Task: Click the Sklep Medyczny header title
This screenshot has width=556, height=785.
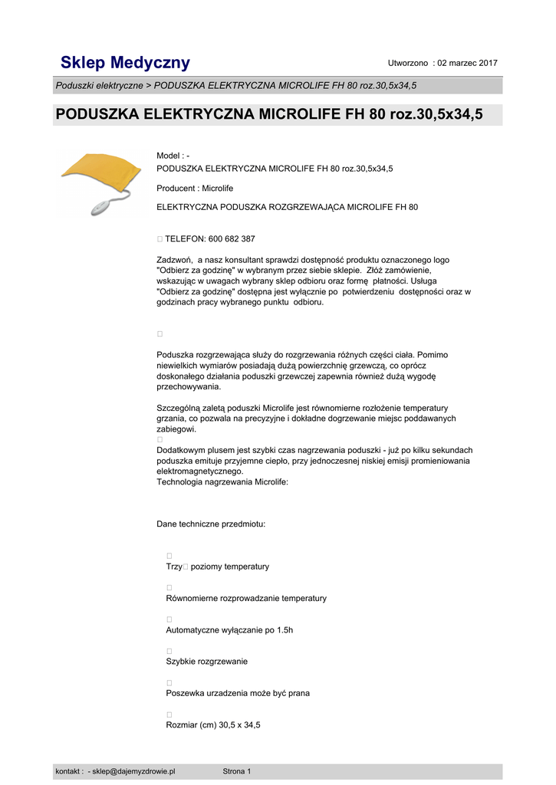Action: [x=126, y=63]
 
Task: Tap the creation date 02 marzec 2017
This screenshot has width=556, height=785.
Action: [x=467, y=63]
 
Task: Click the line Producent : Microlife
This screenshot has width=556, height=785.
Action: [x=195, y=188]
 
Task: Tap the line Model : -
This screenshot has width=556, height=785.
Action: [x=173, y=156]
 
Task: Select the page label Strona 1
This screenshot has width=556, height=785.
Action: [x=236, y=771]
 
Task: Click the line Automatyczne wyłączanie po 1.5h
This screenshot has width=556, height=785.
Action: [x=229, y=630]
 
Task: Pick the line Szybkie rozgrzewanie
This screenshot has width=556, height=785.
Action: [x=206, y=662]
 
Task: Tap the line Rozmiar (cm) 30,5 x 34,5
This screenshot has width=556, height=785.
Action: [x=213, y=724]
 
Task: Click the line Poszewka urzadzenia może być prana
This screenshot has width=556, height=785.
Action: [x=238, y=693]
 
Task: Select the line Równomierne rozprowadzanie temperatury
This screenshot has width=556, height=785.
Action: [x=246, y=598]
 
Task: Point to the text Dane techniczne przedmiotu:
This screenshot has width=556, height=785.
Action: [x=211, y=524]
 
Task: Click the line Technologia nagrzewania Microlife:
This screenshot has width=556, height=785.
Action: [x=222, y=482]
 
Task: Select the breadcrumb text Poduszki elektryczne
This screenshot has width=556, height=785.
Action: [x=98, y=85]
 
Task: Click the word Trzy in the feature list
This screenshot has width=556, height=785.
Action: [x=174, y=567]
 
